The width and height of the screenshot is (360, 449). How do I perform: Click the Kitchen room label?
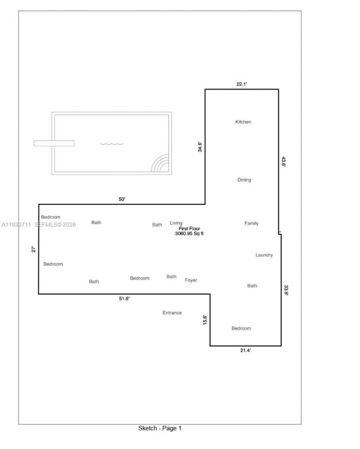click(x=243, y=122)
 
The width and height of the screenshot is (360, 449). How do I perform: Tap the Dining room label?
click(x=244, y=180)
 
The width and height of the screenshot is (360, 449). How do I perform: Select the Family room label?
click(x=251, y=223)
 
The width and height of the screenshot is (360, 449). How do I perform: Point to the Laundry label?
click(x=264, y=255)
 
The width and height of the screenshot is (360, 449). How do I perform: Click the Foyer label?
click(x=191, y=280)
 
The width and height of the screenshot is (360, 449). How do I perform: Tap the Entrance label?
click(x=172, y=313)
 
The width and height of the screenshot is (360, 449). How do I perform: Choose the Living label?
click(x=176, y=223)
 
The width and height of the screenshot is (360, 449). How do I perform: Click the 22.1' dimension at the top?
click(x=242, y=84)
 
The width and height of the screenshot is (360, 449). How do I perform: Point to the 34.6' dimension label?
click(x=200, y=147)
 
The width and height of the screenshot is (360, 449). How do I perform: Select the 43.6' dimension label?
click(x=284, y=162)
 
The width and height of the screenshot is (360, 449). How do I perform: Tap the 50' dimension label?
click(x=122, y=199)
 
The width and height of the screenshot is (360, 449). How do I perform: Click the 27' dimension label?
click(x=33, y=249)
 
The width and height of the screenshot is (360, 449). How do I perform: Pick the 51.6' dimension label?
click(x=124, y=299)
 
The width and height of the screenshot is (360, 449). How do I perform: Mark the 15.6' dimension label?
click(x=205, y=319)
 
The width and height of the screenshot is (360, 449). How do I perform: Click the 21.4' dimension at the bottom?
click(x=245, y=351)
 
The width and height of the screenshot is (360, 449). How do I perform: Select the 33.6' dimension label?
click(x=286, y=290)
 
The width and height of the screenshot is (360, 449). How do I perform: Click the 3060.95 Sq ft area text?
click(x=189, y=234)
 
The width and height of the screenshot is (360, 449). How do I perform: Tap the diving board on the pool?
click(x=54, y=143)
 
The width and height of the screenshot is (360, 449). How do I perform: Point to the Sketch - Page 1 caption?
click(x=160, y=428)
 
